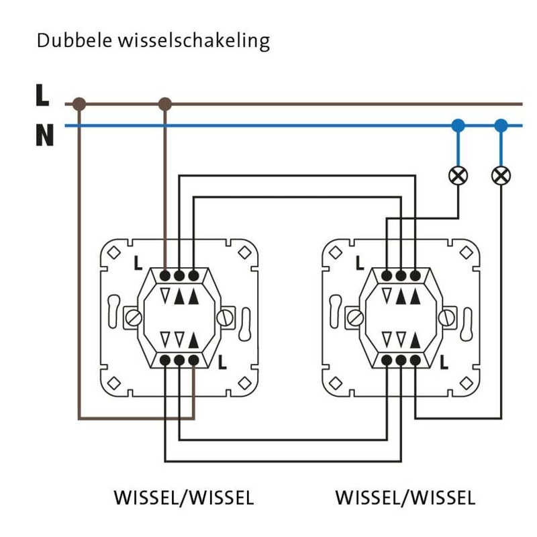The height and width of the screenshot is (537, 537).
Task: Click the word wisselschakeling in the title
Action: click(193, 42)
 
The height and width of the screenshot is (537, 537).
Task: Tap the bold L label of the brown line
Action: click(42, 95)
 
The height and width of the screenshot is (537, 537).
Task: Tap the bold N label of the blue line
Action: click(44, 136)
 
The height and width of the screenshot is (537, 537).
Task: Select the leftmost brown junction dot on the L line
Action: click(79, 104)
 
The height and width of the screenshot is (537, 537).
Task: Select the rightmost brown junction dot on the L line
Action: click(165, 104)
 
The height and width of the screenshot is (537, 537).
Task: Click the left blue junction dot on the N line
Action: click(458, 125)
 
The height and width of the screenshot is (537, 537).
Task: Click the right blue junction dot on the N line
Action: click(501, 125)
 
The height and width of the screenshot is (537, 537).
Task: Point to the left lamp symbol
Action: click(458, 176)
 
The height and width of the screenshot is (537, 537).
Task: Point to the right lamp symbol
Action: click(501, 176)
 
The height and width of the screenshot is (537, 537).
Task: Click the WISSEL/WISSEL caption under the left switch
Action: click(184, 498)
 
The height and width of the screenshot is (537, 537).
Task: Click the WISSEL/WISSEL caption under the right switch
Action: click(405, 498)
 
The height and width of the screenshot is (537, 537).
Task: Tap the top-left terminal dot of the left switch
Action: click(165, 276)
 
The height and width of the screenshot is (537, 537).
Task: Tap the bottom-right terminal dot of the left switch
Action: click(194, 361)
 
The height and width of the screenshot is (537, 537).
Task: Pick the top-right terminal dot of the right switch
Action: click(416, 276)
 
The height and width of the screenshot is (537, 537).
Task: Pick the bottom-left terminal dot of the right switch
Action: click(387, 361)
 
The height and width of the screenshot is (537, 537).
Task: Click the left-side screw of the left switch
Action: click(134, 317)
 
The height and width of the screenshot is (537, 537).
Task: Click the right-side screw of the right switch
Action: click(447, 317)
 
